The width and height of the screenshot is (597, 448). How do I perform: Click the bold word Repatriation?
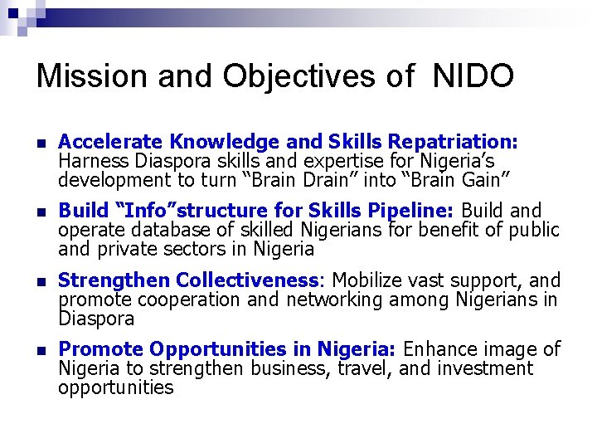tap(453, 141)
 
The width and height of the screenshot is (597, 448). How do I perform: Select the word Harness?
tap(90, 160)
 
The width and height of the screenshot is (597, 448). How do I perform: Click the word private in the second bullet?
tap(129, 249)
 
